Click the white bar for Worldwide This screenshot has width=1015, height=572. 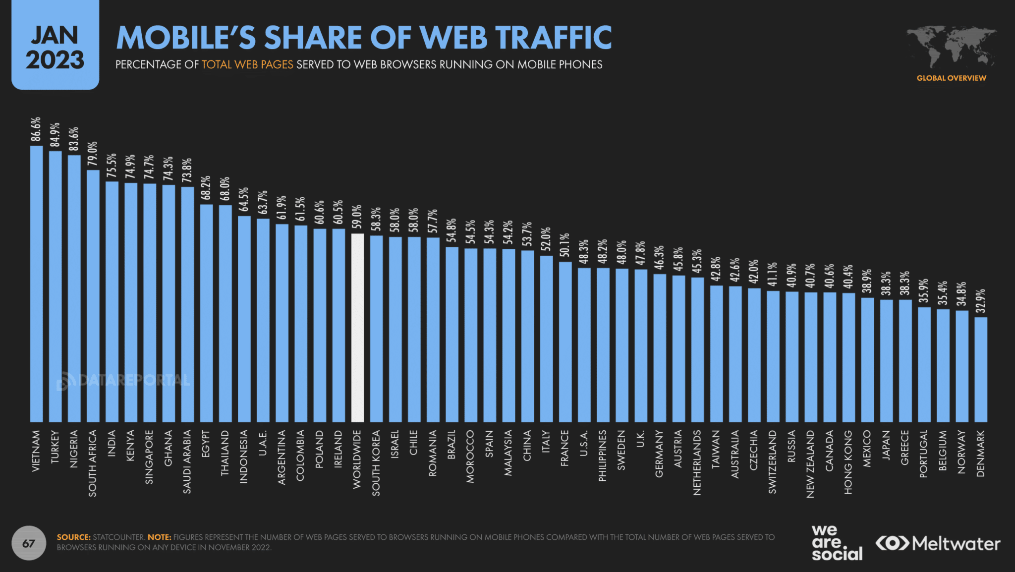[x=357, y=328]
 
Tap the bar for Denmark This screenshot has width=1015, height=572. [x=981, y=369]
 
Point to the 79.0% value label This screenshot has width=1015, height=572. [x=93, y=154]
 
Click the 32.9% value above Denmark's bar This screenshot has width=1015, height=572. [x=981, y=300]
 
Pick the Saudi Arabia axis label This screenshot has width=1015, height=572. [x=187, y=461]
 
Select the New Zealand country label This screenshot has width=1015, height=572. [x=810, y=463]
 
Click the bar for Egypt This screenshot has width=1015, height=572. [x=206, y=313]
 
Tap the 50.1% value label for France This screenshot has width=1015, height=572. [x=565, y=245]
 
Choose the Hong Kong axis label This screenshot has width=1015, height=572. [x=848, y=461]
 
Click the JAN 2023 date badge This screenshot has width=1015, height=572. [x=55, y=47]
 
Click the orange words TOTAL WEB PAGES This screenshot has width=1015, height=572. [x=247, y=65]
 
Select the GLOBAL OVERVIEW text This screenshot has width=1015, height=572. [x=951, y=78]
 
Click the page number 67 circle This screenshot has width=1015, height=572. [x=29, y=543]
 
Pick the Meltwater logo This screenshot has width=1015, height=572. [x=938, y=544]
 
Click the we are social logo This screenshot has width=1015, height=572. [x=837, y=543]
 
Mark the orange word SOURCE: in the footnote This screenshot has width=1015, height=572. [x=74, y=537]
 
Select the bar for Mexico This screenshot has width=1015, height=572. [x=867, y=359]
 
